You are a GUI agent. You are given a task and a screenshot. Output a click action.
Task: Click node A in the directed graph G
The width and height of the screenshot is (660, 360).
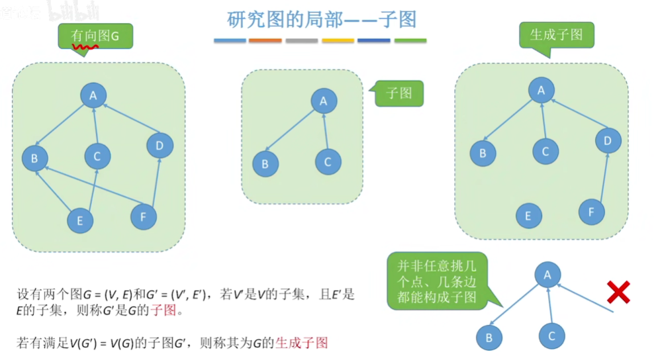tap(93, 95)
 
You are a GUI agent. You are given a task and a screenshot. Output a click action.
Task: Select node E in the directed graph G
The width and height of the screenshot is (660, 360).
tap(80, 220)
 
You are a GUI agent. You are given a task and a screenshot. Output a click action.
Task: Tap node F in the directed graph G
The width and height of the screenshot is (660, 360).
tap(144, 216)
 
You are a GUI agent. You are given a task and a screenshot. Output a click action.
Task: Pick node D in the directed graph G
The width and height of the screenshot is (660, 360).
tap(160, 145)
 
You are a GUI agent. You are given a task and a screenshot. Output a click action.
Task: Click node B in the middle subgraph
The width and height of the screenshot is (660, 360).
tap(265, 163)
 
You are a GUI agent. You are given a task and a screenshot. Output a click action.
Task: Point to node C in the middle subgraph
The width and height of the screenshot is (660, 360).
tap(328, 161)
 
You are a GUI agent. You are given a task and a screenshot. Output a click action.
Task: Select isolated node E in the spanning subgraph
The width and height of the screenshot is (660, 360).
tap(528, 216)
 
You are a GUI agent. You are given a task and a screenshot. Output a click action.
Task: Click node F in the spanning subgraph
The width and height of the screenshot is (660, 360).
tap(591, 212)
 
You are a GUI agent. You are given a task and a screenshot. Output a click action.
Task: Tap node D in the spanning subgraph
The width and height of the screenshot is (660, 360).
tap(608, 140)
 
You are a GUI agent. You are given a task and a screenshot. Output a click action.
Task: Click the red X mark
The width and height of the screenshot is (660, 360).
tap(618, 291)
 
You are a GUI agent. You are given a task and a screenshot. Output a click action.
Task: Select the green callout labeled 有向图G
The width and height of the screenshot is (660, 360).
tap(95, 36)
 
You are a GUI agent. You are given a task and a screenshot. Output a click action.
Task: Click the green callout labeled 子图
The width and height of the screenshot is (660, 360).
tap(399, 93)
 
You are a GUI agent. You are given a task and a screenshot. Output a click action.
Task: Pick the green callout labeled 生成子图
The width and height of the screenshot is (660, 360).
tap(556, 34)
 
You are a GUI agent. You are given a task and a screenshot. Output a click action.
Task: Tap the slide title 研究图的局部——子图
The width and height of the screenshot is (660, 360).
tap(322, 19)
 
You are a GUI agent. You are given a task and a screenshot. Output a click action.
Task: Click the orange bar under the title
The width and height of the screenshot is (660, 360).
tap(265, 41)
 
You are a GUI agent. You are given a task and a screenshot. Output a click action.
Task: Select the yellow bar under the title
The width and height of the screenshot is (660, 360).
tap(338, 41)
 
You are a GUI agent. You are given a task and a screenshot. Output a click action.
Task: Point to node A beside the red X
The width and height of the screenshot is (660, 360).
tap(547, 274)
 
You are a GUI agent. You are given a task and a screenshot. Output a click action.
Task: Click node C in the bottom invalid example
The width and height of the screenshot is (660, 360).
tap(551, 336)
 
